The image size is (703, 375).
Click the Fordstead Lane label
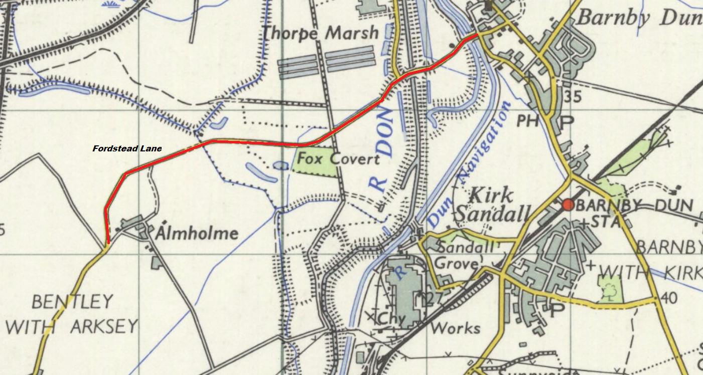point(126,149)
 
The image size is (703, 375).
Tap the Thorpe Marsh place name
point(321,33)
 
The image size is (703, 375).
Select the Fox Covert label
point(338,159)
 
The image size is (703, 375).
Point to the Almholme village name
point(196,233)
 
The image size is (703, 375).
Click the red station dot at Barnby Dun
point(568,205)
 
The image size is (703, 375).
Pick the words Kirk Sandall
point(492,205)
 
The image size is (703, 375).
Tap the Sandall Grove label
point(459,255)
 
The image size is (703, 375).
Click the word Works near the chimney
point(456,328)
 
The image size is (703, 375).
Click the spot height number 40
point(669,298)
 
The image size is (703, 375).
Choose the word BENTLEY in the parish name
point(72,302)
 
